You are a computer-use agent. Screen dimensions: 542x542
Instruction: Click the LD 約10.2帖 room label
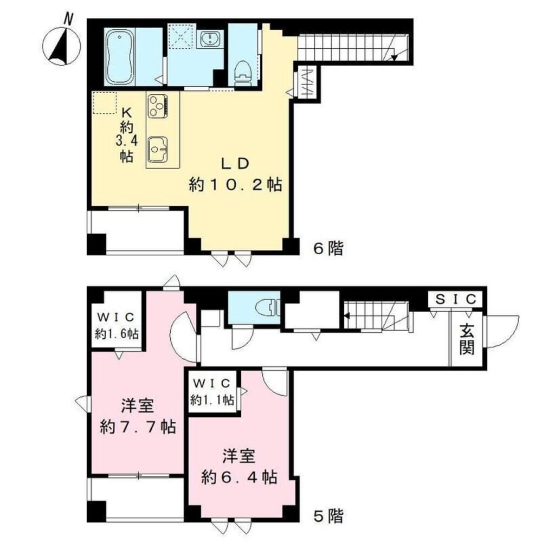click(234, 175)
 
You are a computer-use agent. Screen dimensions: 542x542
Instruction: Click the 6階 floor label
click(328, 249)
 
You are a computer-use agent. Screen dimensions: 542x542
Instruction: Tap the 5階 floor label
click(328, 515)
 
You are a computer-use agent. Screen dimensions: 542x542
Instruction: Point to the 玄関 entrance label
click(467, 339)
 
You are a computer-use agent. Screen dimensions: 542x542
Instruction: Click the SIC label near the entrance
click(457, 299)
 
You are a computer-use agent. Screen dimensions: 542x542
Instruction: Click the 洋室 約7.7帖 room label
click(137, 417)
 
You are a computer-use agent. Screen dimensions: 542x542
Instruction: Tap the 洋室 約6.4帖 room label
click(239, 467)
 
